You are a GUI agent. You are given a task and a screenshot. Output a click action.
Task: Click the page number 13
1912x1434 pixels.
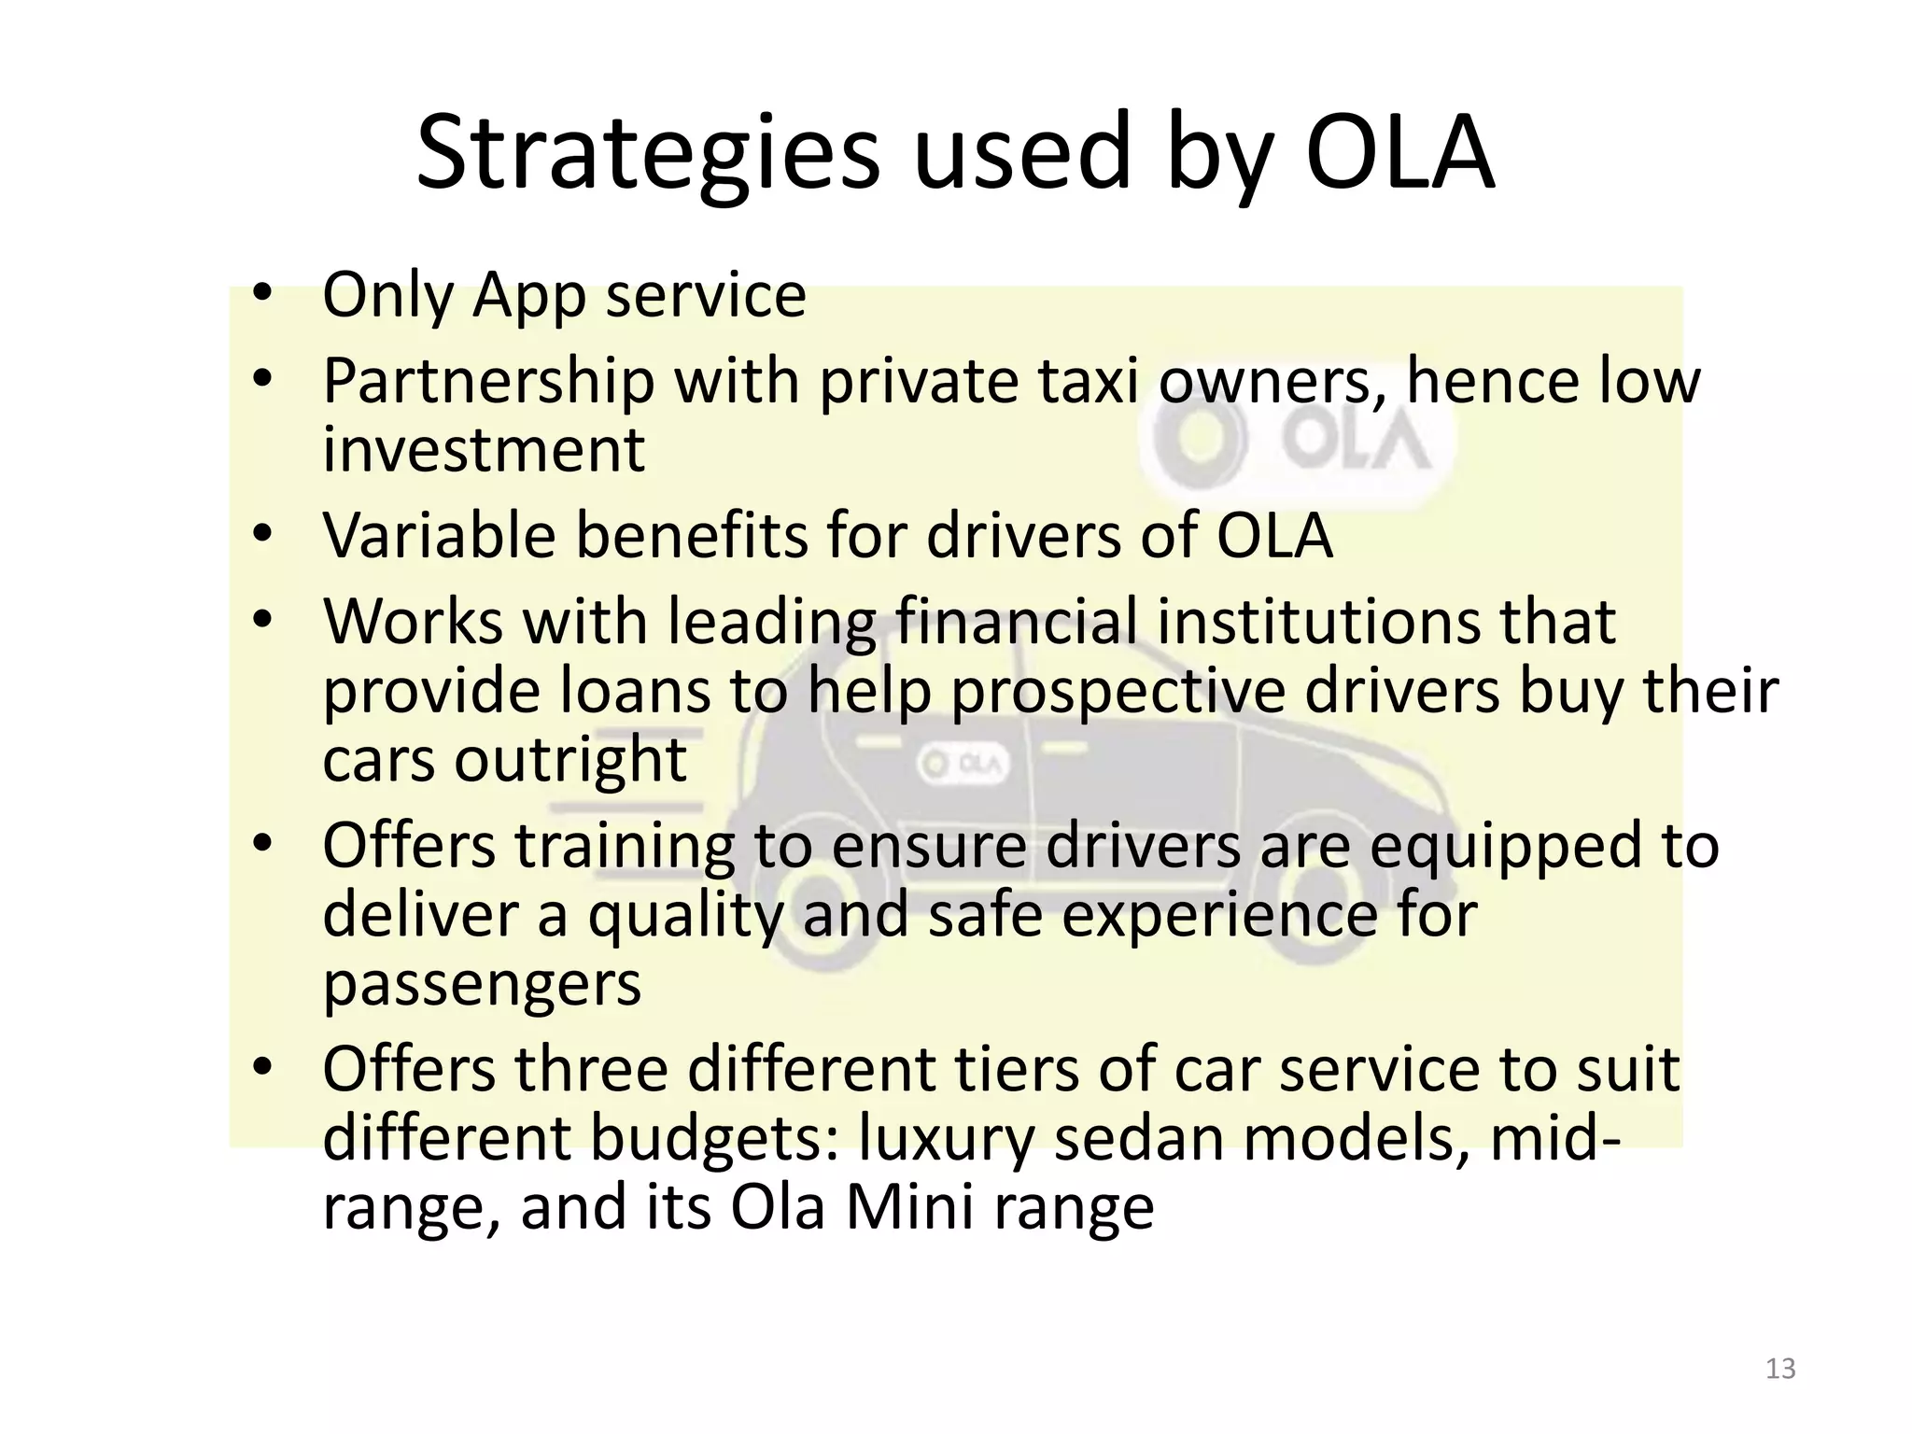tap(1780, 1369)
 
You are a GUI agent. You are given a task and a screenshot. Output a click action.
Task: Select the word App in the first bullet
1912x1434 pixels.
tap(529, 297)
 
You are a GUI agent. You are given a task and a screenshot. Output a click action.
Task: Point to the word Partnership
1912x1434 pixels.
tap(488, 383)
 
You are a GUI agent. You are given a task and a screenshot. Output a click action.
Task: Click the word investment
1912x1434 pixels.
tap(484, 450)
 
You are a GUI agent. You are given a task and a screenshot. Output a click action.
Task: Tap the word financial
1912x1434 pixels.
tap(1016, 622)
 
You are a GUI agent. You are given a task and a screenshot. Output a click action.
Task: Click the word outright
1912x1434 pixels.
tap(570, 759)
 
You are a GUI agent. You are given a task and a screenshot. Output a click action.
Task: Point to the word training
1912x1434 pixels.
tap(624, 846)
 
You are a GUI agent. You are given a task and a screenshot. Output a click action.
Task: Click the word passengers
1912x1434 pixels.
tap(482, 985)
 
